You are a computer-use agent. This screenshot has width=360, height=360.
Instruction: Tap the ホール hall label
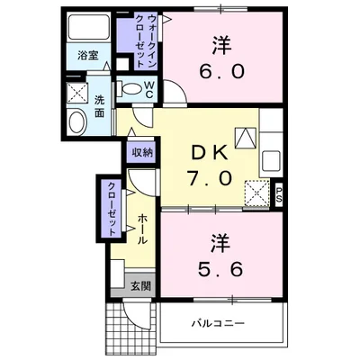point(142,231)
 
